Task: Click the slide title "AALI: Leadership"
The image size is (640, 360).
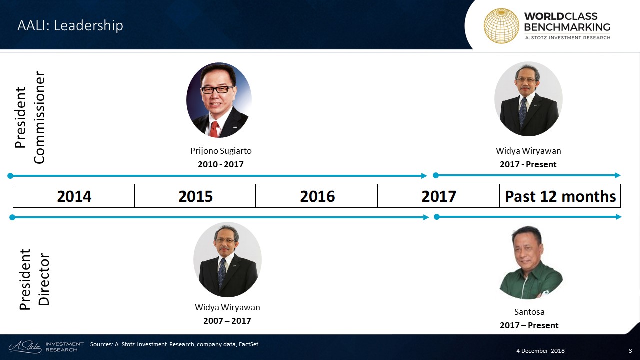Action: click(x=70, y=25)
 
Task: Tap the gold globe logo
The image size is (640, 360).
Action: click(x=501, y=26)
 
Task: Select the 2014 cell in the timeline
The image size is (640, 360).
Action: click(x=74, y=196)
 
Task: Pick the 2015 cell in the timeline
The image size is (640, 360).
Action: click(x=195, y=196)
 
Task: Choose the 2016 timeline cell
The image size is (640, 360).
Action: click(x=317, y=196)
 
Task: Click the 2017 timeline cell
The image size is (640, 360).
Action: click(x=439, y=196)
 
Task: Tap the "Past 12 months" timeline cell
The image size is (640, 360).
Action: click(x=560, y=196)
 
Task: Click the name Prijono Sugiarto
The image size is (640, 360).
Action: click(x=221, y=151)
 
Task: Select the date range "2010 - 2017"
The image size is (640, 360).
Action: click(x=221, y=164)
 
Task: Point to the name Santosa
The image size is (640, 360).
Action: click(x=529, y=312)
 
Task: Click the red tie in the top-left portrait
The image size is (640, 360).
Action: click(x=214, y=129)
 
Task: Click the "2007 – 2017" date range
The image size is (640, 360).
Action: click(x=227, y=321)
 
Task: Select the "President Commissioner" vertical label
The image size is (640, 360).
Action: click(x=30, y=117)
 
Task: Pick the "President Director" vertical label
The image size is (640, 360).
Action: click(x=34, y=279)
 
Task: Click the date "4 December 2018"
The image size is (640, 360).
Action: click(x=540, y=351)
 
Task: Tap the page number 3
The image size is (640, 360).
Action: click(x=630, y=351)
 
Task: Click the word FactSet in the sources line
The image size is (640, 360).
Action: click(x=248, y=344)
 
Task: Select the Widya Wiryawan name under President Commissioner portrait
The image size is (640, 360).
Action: click(x=528, y=151)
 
